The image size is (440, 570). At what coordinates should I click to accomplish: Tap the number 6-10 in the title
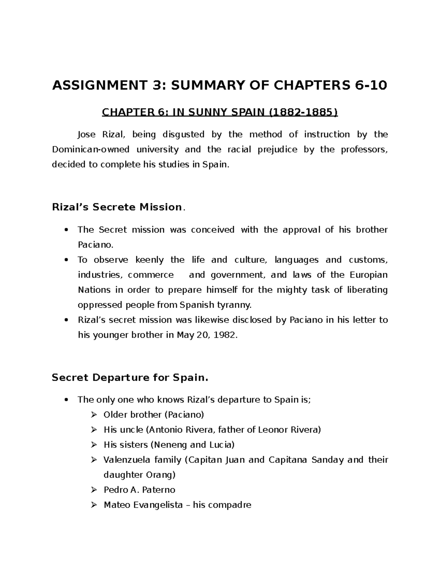click(371, 86)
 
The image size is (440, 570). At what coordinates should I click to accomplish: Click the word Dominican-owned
click(91, 149)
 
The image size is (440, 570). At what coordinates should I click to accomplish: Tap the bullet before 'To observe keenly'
click(66, 260)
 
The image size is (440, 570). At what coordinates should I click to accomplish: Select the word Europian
click(368, 275)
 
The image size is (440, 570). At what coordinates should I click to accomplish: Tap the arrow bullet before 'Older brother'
click(94, 415)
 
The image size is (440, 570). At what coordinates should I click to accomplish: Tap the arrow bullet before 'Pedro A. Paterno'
click(94, 490)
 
